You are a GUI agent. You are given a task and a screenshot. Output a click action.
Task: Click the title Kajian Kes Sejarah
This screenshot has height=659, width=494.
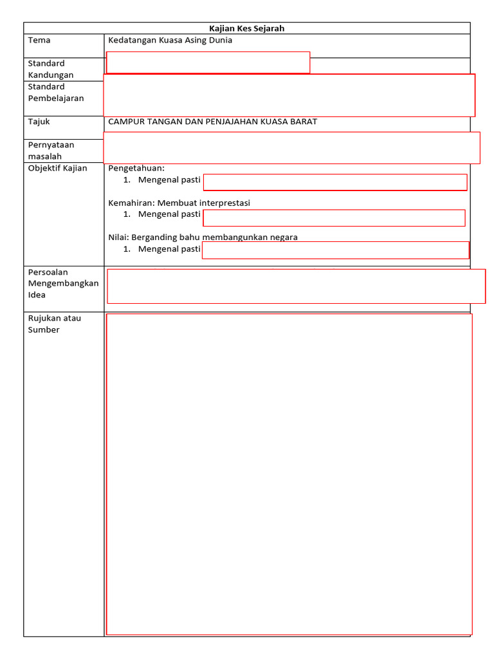(247, 28)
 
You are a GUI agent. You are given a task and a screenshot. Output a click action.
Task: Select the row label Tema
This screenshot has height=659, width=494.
(39, 41)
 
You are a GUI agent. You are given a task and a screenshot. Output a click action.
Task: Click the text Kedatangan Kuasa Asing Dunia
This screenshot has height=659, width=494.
(170, 41)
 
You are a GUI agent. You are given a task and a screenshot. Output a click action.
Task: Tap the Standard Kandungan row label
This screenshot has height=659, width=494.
(51, 69)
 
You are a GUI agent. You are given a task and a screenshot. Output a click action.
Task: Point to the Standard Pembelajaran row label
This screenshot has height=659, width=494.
(56, 92)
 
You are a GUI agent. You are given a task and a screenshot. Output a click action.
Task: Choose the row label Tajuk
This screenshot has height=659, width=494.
(39, 122)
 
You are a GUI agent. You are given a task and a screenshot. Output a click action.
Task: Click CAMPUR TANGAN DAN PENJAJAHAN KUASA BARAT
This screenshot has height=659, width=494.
(212, 122)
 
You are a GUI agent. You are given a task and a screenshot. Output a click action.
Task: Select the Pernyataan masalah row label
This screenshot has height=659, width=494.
(51, 151)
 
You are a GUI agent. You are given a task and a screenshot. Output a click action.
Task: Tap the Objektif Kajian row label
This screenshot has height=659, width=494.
(57, 168)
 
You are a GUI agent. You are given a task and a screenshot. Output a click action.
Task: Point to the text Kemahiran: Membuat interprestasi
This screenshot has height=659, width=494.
(179, 203)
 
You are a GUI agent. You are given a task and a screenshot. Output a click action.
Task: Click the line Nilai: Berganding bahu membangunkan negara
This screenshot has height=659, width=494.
(203, 237)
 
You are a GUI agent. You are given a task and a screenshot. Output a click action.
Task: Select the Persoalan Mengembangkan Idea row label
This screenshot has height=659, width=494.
(63, 283)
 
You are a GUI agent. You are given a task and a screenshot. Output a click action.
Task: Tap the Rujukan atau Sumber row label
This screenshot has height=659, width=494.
(55, 324)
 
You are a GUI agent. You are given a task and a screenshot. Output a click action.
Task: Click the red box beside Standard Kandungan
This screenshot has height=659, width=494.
(208, 62)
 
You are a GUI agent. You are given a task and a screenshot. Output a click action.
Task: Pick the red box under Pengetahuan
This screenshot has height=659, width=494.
(335, 182)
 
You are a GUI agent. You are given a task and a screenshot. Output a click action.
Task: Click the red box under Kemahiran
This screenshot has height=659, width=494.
(334, 218)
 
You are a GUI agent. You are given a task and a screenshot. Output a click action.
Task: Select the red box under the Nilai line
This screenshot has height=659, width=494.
(335, 250)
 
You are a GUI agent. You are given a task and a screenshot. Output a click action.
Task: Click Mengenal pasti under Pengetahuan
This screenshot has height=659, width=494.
(169, 180)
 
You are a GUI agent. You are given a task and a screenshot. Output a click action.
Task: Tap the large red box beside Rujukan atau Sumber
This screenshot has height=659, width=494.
(289, 474)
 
